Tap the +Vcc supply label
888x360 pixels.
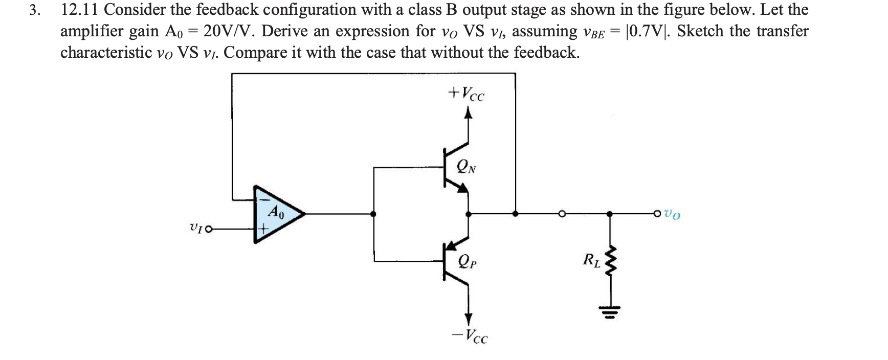coord(466,94)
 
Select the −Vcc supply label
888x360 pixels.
coord(470,336)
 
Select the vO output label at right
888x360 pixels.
coord(673,214)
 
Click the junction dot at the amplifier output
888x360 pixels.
coord(374,214)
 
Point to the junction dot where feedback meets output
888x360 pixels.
coord(515,214)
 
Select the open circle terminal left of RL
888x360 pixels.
coord(562,214)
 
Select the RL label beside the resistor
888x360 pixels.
coord(591,260)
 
